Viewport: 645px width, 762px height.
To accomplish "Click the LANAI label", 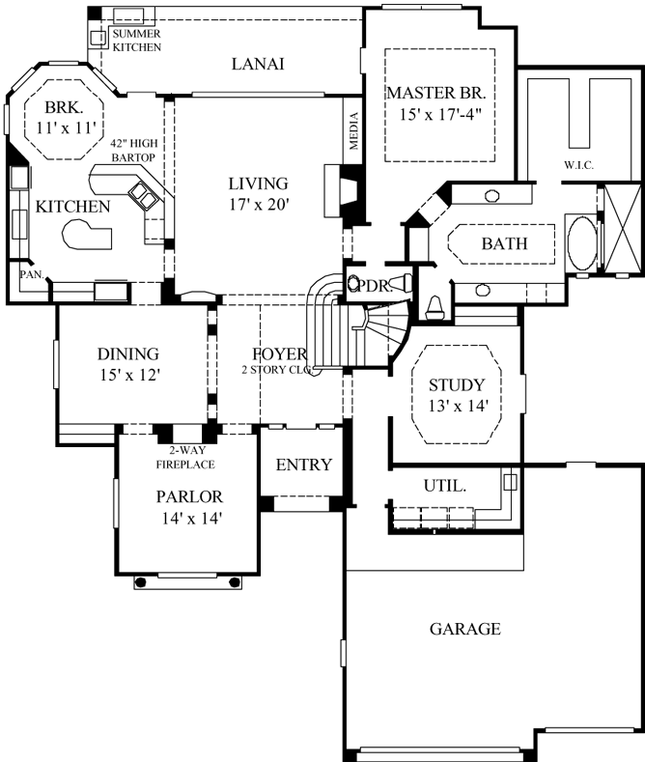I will (x=262, y=64).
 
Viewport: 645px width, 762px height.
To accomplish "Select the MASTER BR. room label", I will (x=440, y=94).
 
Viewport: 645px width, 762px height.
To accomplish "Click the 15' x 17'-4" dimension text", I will (x=440, y=115).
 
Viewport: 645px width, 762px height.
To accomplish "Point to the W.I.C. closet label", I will (x=578, y=165).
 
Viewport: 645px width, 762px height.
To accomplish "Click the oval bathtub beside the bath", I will (x=581, y=241).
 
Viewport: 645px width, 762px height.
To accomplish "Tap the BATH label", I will (x=504, y=243).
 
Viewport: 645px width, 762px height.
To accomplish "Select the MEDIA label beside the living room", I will (x=353, y=131).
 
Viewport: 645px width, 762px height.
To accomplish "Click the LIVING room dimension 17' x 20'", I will (x=258, y=204).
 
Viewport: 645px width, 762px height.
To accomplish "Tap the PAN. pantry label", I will (x=27, y=274).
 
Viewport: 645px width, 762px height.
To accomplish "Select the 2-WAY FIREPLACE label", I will (x=183, y=457).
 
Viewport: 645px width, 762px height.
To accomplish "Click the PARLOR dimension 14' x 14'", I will (x=190, y=518).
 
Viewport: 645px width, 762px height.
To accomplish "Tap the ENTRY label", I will (x=303, y=465).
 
